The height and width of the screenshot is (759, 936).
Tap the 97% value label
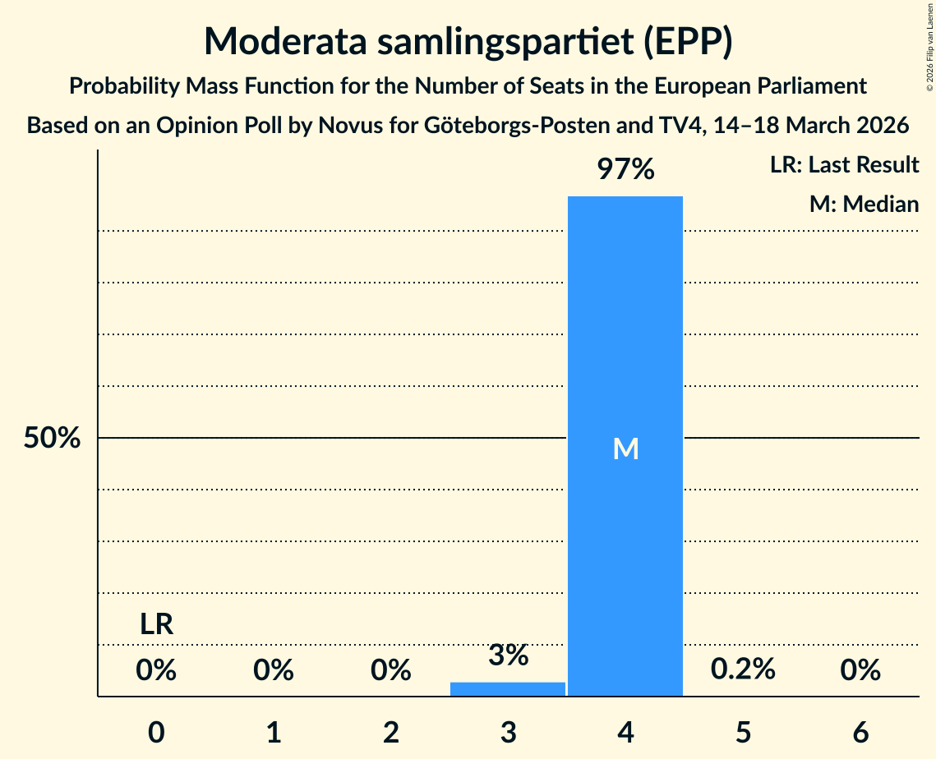625,170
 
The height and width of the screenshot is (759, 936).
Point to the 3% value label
508,655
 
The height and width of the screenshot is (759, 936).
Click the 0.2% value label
743,669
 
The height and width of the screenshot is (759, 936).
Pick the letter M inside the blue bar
625,448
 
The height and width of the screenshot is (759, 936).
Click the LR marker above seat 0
156,625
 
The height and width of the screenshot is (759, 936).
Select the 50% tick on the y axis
52,439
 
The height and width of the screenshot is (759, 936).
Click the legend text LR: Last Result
844,165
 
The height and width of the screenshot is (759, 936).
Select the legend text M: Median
864,204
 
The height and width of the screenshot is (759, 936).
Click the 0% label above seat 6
860,671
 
